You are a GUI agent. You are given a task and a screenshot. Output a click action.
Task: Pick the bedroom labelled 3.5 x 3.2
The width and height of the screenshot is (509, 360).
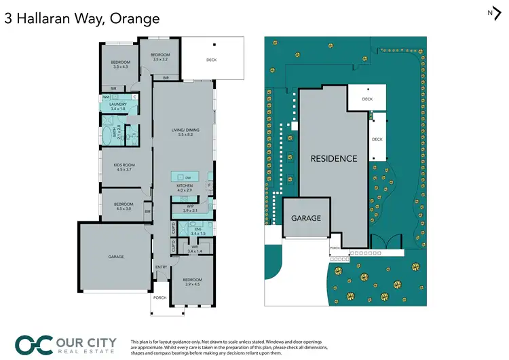(160, 56)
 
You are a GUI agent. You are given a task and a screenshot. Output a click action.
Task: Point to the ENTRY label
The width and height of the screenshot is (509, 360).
(161, 267)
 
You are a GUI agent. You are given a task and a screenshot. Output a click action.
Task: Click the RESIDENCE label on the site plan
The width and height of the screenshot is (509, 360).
(333, 158)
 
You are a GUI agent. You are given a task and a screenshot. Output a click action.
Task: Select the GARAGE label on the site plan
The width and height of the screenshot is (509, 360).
(305, 218)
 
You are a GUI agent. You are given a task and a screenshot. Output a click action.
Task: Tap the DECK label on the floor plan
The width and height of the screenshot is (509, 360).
(212, 60)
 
